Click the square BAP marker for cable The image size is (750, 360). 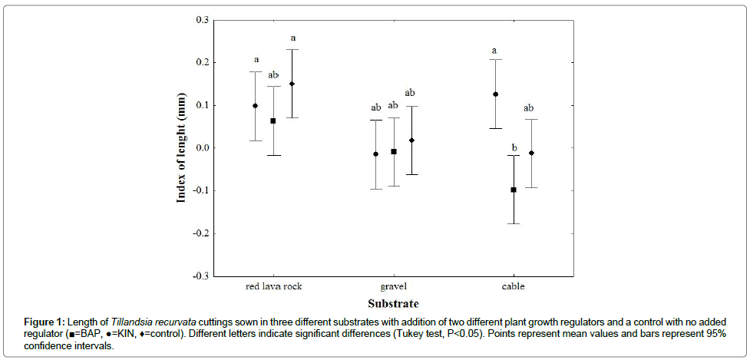(514, 190)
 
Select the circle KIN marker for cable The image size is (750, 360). (496, 94)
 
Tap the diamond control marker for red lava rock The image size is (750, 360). (292, 84)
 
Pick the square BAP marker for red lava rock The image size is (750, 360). (274, 121)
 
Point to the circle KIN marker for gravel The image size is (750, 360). (376, 154)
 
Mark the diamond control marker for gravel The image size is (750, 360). (411, 140)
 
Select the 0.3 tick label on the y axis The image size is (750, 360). (202, 20)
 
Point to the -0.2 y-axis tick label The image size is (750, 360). (200, 233)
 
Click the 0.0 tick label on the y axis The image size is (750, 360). (202, 148)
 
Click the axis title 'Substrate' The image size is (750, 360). (393, 303)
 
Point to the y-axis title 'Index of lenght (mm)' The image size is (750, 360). (182, 148)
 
